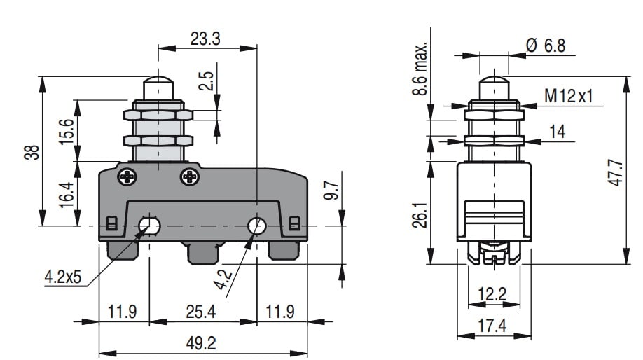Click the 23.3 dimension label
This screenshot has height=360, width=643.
[x=205, y=39]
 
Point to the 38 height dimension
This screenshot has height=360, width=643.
[x=30, y=153]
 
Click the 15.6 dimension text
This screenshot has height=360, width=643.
[x=66, y=131]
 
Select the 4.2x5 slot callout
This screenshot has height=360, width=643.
[x=63, y=278]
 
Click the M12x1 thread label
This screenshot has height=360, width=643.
[x=568, y=96]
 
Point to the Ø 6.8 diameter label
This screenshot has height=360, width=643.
[x=545, y=46]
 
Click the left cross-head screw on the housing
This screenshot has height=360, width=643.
[x=127, y=177]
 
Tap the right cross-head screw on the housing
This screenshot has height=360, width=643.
[x=191, y=177]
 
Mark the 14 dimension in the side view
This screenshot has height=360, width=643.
[x=557, y=131]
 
